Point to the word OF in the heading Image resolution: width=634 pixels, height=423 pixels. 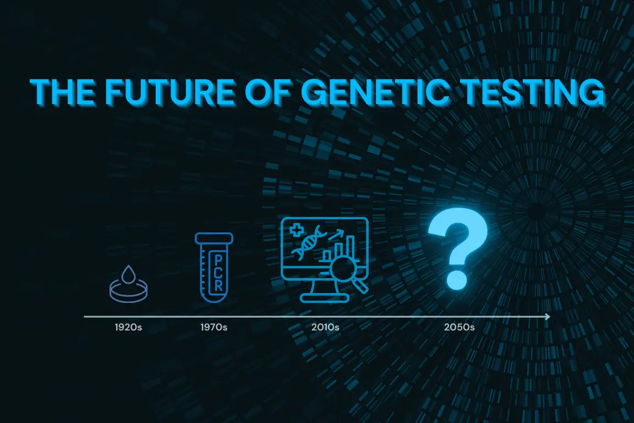pos(268,92)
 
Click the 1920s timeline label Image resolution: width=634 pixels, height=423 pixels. pos(128,327)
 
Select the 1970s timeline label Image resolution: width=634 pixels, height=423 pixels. pos(214,327)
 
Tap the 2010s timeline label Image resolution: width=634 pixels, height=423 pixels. pos(325,327)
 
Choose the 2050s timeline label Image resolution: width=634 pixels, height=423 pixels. pos(460,327)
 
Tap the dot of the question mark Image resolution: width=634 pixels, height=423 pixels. pos(457,280)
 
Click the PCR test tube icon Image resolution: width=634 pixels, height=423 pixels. pos(214,267)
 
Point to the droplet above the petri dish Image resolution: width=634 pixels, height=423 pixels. pos(129,274)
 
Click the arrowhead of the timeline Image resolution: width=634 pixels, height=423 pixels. pos(548,317)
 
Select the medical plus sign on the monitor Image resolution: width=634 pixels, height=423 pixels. pos(297,230)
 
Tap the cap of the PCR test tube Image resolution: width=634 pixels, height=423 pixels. pos(214,238)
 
